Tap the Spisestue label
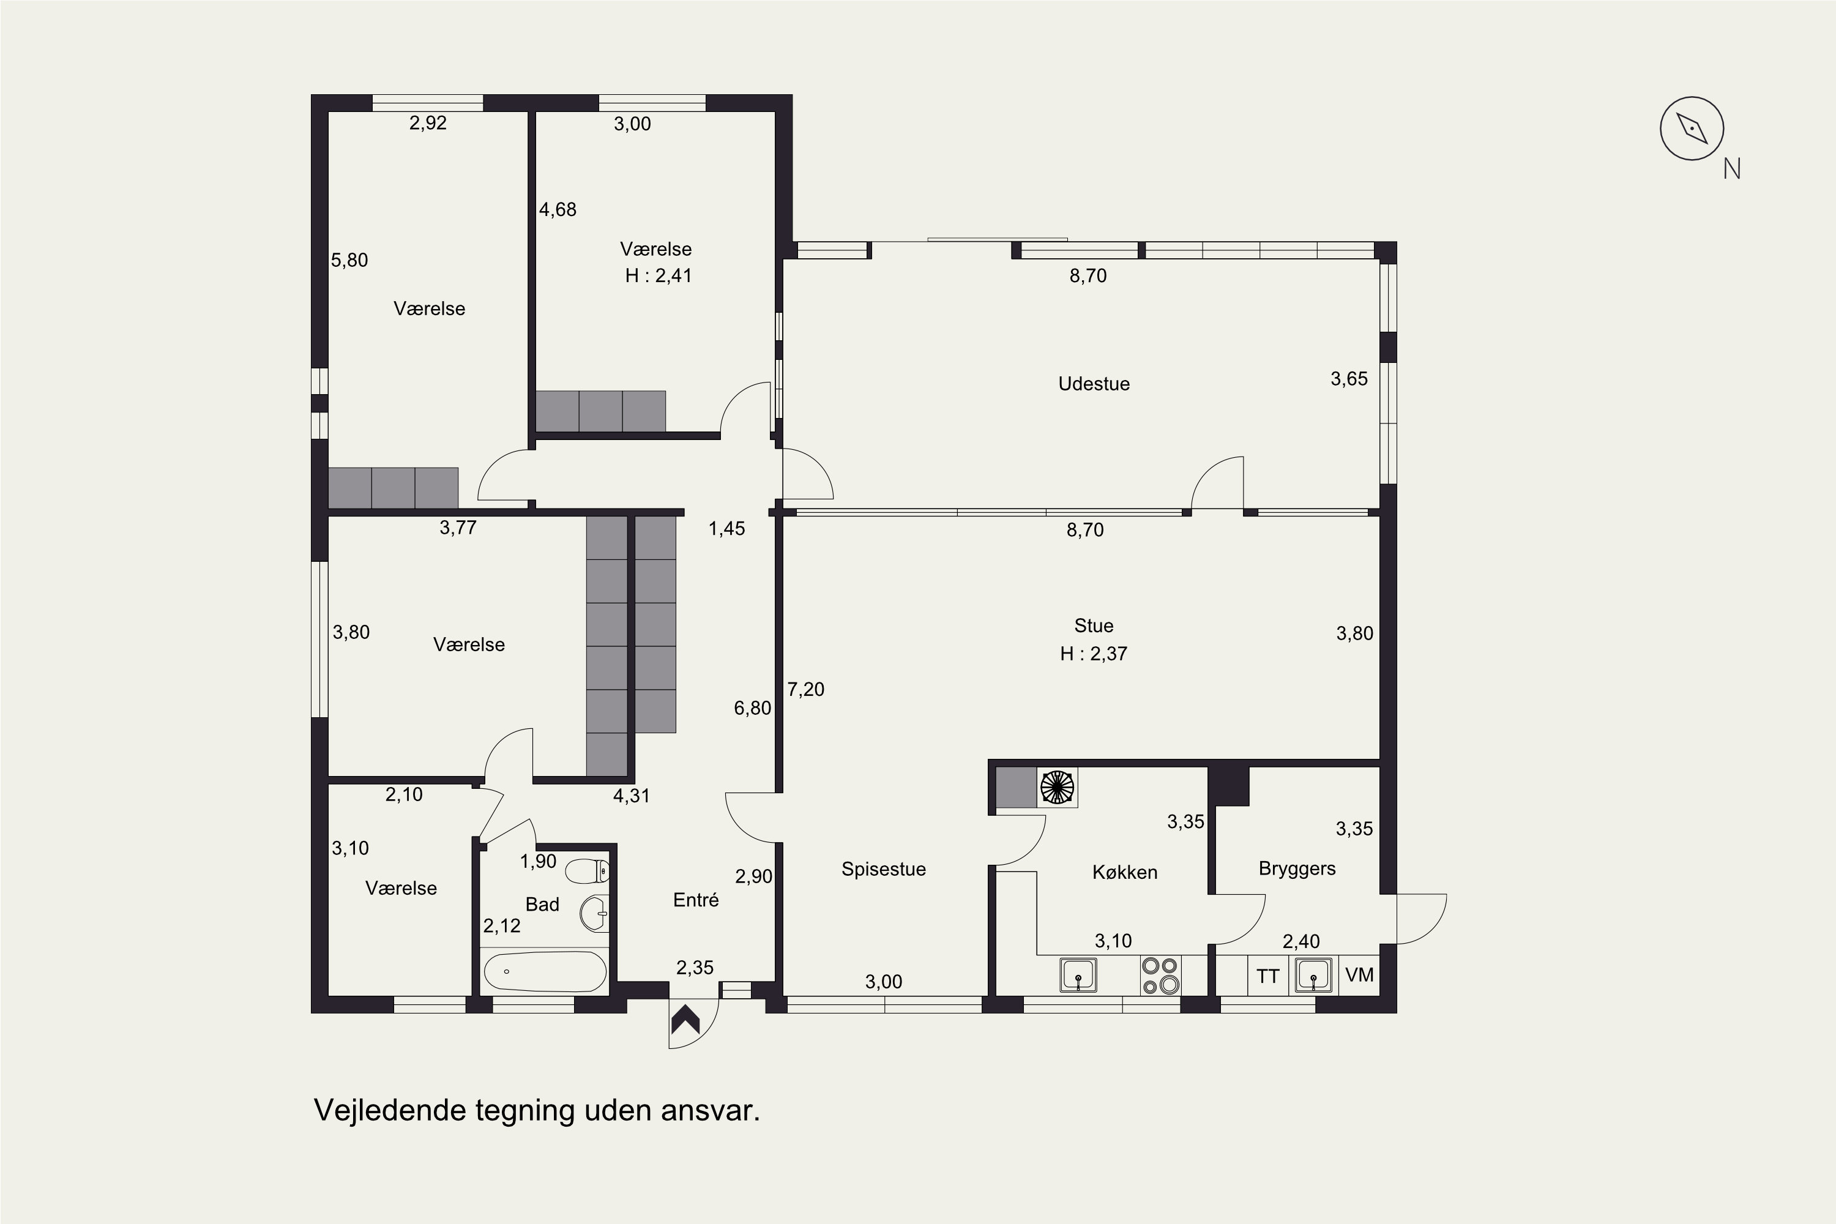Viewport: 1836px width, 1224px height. coord(884,870)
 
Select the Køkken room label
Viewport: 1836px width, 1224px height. coord(1125,873)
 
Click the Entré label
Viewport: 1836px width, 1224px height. coord(695,900)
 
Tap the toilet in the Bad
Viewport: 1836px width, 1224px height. coord(587,871)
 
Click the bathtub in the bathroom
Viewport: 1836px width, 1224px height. coord(545,972)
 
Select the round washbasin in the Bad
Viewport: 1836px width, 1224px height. coord(595,912)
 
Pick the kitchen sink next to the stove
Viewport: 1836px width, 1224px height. coord(1078,975)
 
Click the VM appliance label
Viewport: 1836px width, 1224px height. coord(1360,975)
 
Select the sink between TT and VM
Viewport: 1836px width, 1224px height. coord(1313,975)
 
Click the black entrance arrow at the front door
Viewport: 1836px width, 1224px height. coord(685,1019)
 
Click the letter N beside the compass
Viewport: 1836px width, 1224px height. coord(1732,169)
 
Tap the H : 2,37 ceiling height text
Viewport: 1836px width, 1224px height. coord(1094,654)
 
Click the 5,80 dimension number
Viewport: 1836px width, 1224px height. coord(349,261)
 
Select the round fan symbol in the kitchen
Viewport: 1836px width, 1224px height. coord(1057,787)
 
